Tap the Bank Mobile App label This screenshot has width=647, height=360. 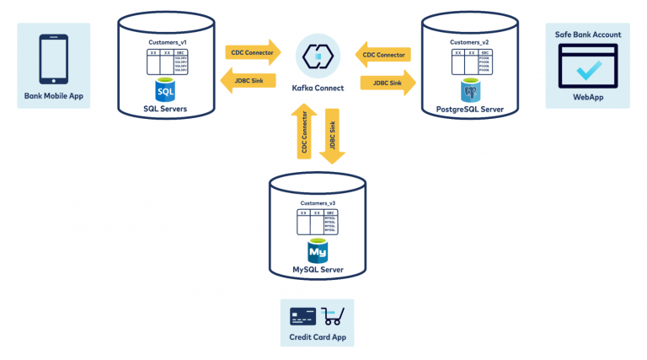point(54,96)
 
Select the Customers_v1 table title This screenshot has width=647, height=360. point(165,40)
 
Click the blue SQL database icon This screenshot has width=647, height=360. point(165,89)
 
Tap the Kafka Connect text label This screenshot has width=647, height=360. point(318,88)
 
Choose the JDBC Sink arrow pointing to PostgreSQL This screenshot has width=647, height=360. point(388,83)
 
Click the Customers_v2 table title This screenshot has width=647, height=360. point(470,41)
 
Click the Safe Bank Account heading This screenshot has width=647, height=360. point(587,35)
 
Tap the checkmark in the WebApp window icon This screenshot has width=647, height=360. point(587,73)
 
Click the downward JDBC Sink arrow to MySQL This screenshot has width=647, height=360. point(332,135)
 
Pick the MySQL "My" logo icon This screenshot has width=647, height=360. point(318,250)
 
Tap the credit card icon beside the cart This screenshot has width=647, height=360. point(302,317)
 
